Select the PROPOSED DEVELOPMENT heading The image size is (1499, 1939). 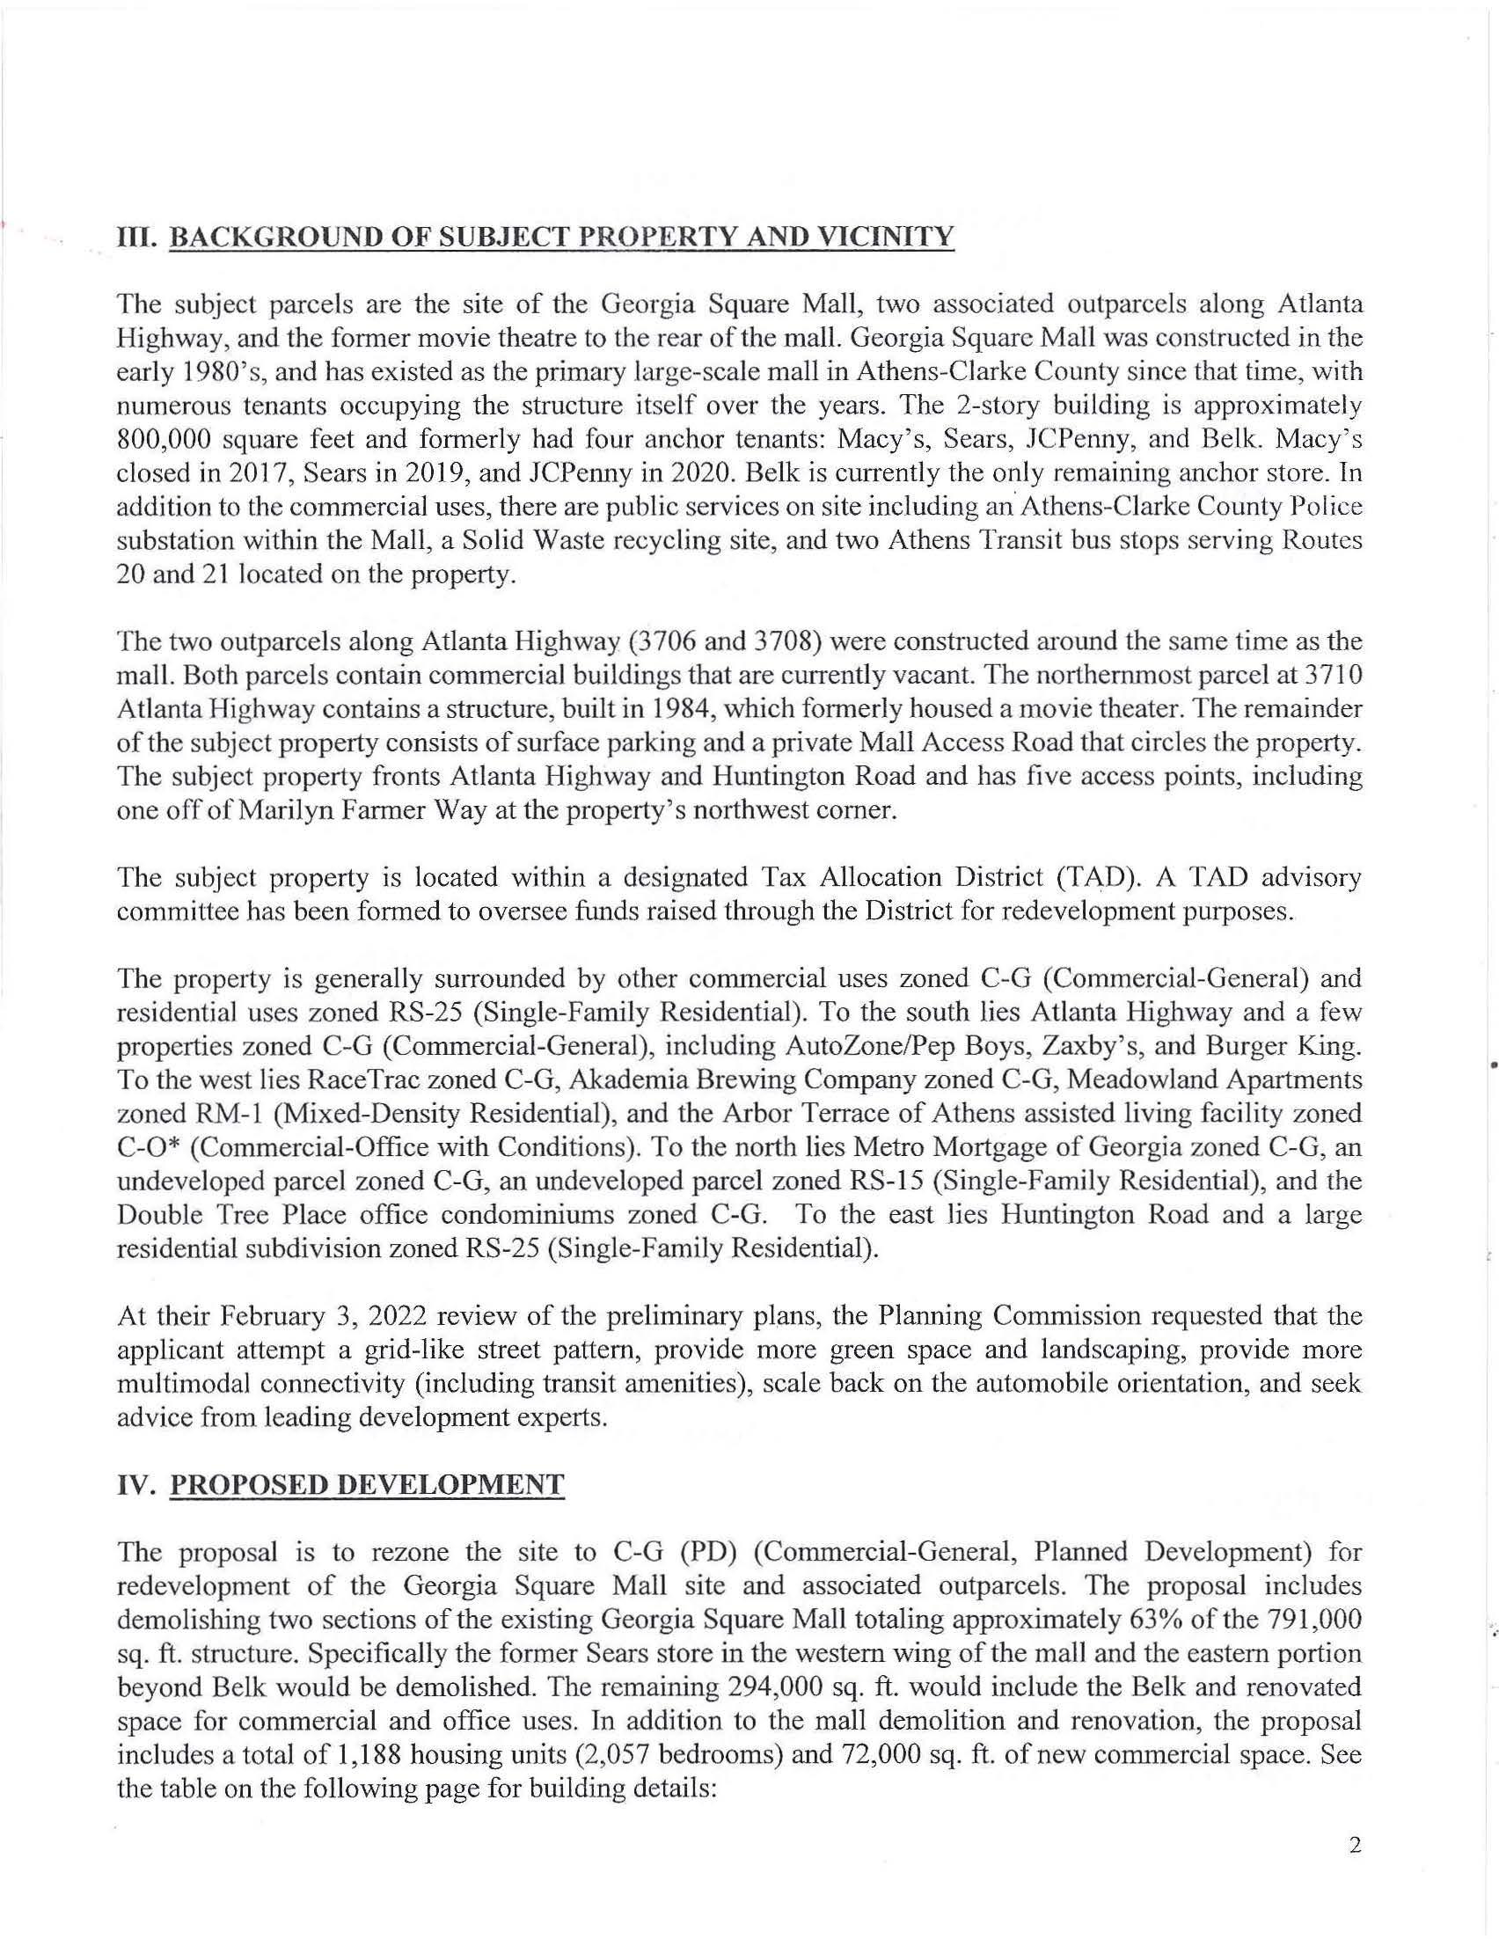(366, 1484)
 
